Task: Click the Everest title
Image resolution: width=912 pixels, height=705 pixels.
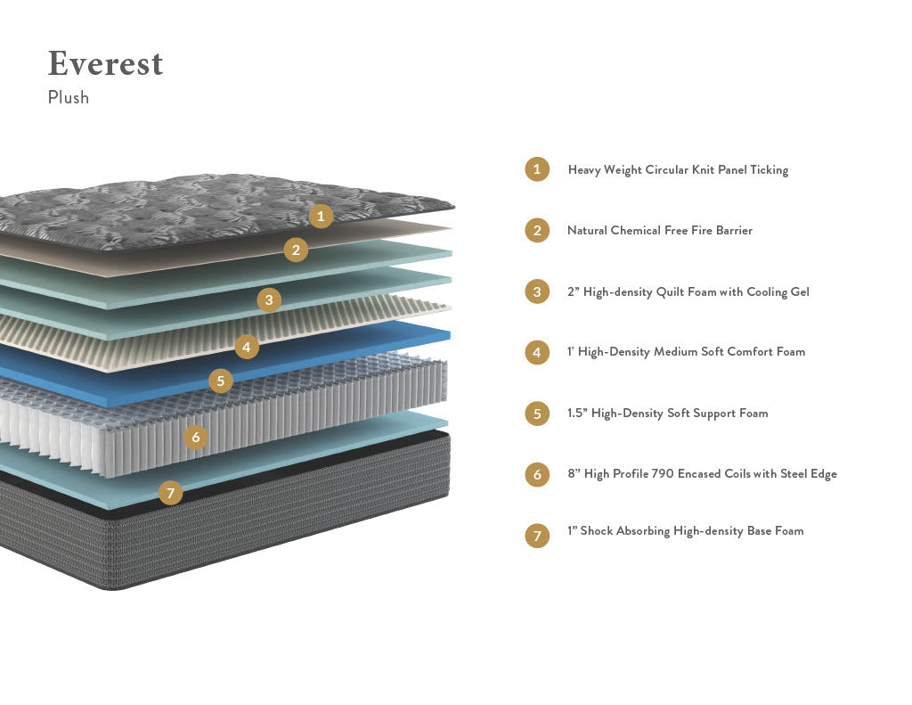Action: (105, 64)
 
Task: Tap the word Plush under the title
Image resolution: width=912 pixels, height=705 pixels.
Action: (69, 98)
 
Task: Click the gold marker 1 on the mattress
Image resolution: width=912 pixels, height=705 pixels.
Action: (322, 216)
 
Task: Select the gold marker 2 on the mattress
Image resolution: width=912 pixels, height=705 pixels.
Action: (297, 250)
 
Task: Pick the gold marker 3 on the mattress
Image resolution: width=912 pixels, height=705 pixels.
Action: (269, 299)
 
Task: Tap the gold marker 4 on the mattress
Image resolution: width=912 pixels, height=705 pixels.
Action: (247, 347)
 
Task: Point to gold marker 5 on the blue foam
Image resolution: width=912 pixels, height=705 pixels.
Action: (221, 381)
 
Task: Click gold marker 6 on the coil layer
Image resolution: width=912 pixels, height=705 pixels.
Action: (196, 438)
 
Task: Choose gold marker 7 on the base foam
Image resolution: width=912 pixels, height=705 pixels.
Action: (170, 492)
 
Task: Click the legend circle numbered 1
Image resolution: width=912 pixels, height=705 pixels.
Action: (537, 169)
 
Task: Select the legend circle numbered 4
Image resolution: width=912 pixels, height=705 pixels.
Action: (537, 352)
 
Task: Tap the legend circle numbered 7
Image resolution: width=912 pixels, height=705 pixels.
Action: (537, 536)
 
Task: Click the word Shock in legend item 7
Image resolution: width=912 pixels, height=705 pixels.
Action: (598, 531)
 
